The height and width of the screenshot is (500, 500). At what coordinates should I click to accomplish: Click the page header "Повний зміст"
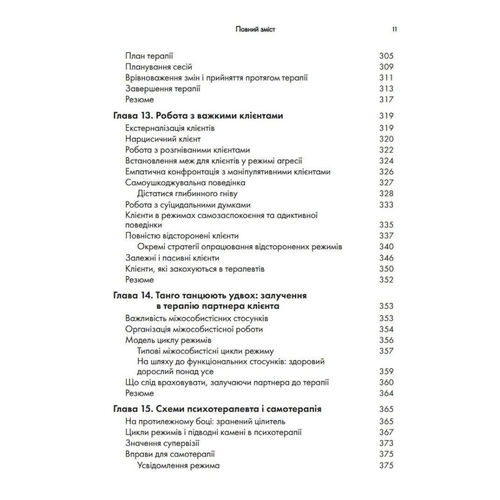255,29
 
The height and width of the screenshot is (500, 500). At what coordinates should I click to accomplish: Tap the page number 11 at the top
394,29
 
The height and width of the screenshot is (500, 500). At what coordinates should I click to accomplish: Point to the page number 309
386,67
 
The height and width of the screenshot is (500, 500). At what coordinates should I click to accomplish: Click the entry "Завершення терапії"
162,88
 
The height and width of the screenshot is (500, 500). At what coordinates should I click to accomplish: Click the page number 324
386,161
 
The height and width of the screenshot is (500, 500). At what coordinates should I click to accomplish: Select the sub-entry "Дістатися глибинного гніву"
187,193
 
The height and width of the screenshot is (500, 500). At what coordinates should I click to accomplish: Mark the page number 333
386,204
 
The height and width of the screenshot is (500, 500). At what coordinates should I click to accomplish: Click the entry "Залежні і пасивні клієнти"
172,258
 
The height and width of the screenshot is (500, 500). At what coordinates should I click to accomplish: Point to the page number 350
386,269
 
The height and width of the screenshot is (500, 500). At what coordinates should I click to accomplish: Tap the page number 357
386,351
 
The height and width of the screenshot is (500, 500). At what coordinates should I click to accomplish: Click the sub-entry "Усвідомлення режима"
178,465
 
